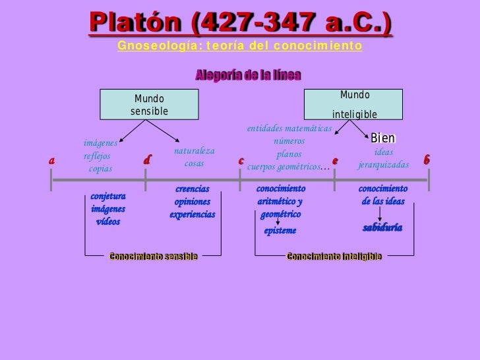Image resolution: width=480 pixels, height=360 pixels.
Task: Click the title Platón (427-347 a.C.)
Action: [x=240, y=23]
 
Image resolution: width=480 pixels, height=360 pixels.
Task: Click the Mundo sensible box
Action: [x=149, y=105]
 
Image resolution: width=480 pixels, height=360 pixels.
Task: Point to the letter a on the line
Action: [x=51, y=160]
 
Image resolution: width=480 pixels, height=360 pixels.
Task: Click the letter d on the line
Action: [x=147, y=160]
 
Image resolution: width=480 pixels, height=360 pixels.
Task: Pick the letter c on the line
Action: [x=241, y=161]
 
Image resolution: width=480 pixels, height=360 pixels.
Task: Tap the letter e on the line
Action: [x=335, y=160]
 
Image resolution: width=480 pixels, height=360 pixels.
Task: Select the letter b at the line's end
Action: [x=427, y=160]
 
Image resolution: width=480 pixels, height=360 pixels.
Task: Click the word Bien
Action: [x=382, y=138]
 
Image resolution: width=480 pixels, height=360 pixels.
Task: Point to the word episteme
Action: [x=280, y=231]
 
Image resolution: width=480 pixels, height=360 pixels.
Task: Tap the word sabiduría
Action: [x=382, y=227]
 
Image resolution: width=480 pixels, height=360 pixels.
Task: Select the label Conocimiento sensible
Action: [x=153, y=256]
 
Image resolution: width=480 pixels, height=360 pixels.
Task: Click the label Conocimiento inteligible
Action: [x=334, y=256]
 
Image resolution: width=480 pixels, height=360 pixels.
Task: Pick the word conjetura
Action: [x=108, y=196]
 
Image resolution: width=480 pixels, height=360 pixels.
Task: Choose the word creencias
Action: [x=193, y=189]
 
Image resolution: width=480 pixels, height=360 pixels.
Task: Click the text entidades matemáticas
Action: [x=289, y=129]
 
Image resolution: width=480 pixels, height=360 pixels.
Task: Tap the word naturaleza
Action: [x=195, y=151]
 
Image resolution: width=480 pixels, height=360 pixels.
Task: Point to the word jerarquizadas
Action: [x=383, y=164]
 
